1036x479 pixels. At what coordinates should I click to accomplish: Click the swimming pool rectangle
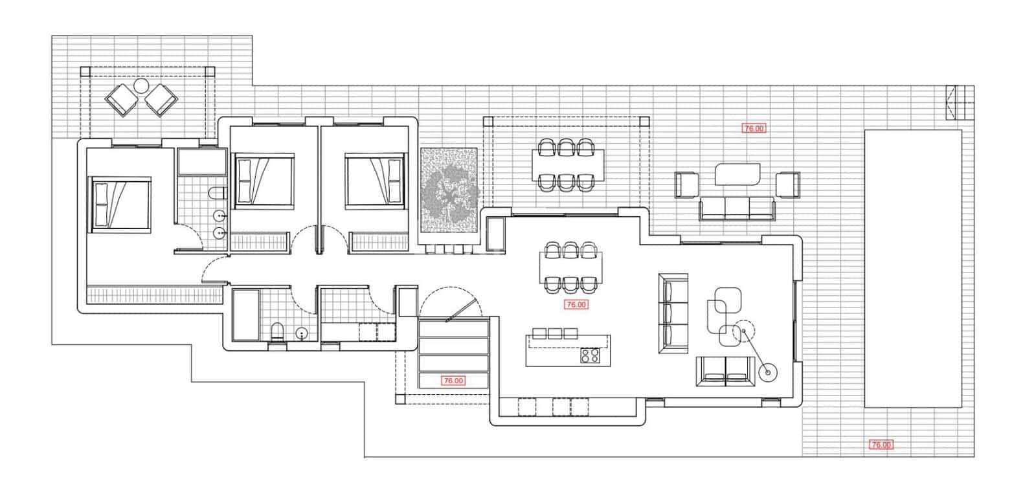(912, 268)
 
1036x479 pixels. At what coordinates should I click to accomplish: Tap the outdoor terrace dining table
(568, 165)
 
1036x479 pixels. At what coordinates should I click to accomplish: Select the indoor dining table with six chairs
(570, 265)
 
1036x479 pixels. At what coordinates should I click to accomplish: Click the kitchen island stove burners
(590, 355)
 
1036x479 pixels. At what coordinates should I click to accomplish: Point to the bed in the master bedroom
(121, 204)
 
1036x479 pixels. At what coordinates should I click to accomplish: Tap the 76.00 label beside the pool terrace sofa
(754, 128)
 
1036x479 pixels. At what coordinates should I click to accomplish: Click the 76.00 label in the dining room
(576, 304)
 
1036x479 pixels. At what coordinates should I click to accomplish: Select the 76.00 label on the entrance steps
(453, 381)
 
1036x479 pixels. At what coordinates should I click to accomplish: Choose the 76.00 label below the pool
(881, 445)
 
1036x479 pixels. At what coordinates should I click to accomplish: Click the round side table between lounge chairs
(141, 85)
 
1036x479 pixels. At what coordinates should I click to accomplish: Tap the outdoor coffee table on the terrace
(738, 174)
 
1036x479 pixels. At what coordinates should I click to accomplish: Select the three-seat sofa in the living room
(673, 313)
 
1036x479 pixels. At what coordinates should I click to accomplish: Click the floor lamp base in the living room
(769, 372)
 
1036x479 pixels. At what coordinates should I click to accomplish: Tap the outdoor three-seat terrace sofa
(737, 208)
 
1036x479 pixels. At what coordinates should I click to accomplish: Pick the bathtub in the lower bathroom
(245, 315)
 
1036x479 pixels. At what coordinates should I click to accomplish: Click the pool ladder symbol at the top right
(958, 102)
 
